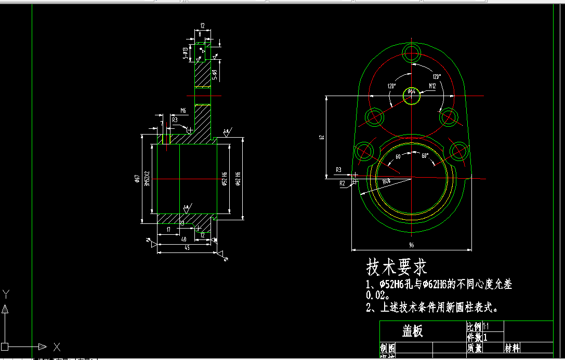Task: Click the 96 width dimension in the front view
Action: (x=411, y=245)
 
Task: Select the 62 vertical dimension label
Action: (x=322, y=137)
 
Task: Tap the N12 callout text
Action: (x=432, y=86)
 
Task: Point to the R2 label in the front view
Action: (x=342, y=183)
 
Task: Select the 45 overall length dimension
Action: (x=186, y=248)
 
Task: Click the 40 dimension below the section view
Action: (x=183, y=239)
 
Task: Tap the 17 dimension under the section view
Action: (x=168, y=229)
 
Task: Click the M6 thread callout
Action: (x=183, y=111)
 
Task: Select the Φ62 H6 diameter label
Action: (x=238, y=178)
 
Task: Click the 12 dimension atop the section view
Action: (x=202, y=25)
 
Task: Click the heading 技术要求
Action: (x=397, y=267)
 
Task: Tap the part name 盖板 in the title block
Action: (x=413, y=331)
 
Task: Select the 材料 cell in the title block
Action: (x=513, y=348)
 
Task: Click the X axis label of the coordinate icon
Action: (x=57, y=346)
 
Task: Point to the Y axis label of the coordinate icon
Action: (x=5, y=293)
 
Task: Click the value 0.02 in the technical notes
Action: (x=377, y=295)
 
